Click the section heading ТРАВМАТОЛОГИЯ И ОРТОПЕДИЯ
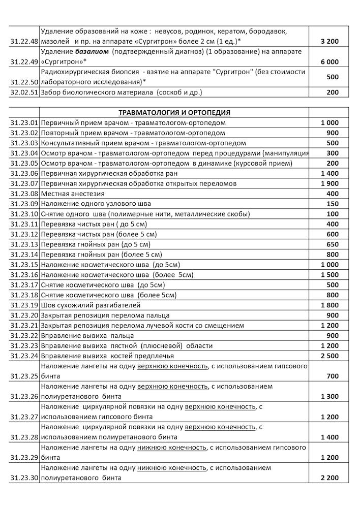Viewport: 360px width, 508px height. coord(174,112)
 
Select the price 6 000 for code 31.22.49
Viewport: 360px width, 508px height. coord(329,62)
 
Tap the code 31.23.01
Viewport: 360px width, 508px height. coord(24,122)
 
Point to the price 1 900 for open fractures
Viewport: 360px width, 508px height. coord(329,183)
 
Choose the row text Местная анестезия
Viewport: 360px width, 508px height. coord(73,194)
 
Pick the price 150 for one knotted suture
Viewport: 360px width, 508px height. coord(333,204)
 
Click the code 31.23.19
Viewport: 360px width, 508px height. coord(24,305)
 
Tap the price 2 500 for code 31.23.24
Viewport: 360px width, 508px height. coord(329,356)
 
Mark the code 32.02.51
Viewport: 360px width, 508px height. coord(24,92)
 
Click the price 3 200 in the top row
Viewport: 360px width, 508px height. coord(329,42)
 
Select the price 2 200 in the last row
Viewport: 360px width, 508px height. coord(329,478)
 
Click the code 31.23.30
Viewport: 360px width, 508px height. coord(24,478)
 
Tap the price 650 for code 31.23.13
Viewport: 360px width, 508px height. coord(333,244)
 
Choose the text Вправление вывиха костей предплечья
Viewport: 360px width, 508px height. coord(107,356)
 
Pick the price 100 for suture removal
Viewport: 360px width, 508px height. coord(333,214)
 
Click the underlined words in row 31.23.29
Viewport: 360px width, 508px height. coord(172,448)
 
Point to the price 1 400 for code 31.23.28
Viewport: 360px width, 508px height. coord(329,437)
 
